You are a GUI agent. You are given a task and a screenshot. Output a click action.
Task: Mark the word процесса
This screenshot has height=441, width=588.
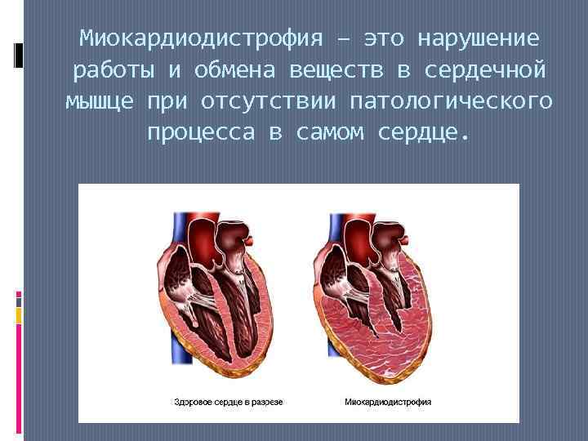pyautogui.click(x=201, y=132)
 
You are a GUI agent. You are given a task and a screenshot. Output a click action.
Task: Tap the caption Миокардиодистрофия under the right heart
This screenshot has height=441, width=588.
pyautogui.click(x=389, y=402)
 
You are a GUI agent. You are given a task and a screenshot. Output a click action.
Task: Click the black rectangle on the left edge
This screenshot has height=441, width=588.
pyautogui.click(x=19, y=55)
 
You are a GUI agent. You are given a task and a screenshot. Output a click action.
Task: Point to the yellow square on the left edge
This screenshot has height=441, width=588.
pyautogui.click(x=19, y=316)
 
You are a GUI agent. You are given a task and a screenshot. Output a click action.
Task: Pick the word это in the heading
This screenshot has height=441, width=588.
pyautogui.click(x=384, y=38)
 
